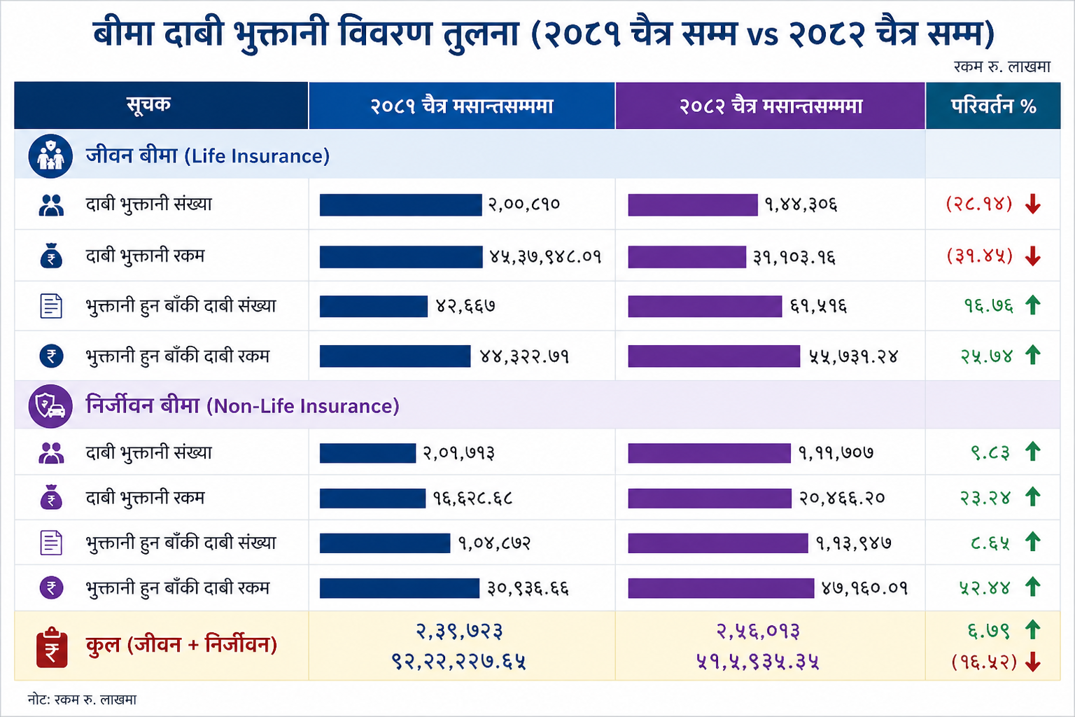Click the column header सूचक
coord(148,105)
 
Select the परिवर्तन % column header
coord(993,106)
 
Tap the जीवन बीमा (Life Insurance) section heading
coord(207,155)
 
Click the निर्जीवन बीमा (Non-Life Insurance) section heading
coord(242,405)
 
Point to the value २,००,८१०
coord(524,204)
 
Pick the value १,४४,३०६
coord(801,204)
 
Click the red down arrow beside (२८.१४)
coord(1033,204)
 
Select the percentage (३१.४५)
coord(980,256)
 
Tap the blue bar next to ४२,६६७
coord(373,306)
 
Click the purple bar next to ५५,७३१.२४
coord(713,356)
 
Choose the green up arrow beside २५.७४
coord(1033,356)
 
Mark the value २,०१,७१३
coord(458,453)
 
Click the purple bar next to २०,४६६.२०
coord(709,498)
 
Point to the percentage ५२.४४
coord(985,587)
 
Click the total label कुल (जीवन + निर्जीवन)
coord(181,644)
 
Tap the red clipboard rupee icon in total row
coord(52,647)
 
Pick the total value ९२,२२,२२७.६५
coord(458,661)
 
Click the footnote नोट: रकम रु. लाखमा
coord(82,699)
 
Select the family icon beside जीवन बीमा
coord(50,155)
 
